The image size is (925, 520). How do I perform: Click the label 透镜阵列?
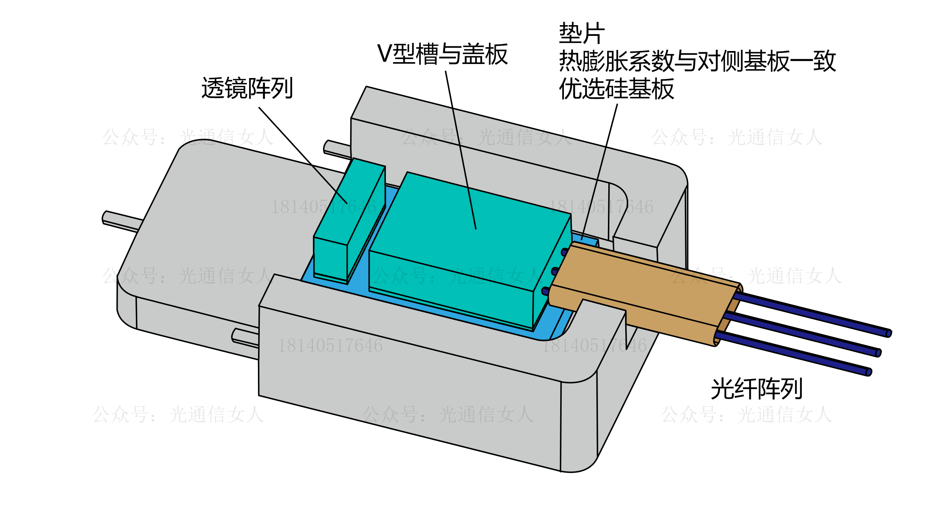(247, 88)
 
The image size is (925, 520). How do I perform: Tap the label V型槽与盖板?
(442, 54)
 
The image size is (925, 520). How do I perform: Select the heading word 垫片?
(582, 33)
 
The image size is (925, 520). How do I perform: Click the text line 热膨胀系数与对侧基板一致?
(697, 61)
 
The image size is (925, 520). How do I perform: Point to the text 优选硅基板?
(616, 89)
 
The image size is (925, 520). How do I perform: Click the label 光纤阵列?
(756, 389)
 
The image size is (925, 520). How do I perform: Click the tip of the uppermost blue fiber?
(888, 334)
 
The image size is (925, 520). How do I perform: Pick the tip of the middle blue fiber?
(878, 353)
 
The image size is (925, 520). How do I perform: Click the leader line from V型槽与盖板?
(460, 148)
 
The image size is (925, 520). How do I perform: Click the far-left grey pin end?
(105, 217)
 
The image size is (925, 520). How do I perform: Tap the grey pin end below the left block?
(234, 335)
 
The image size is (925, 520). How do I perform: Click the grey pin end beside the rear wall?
(326, 146)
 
